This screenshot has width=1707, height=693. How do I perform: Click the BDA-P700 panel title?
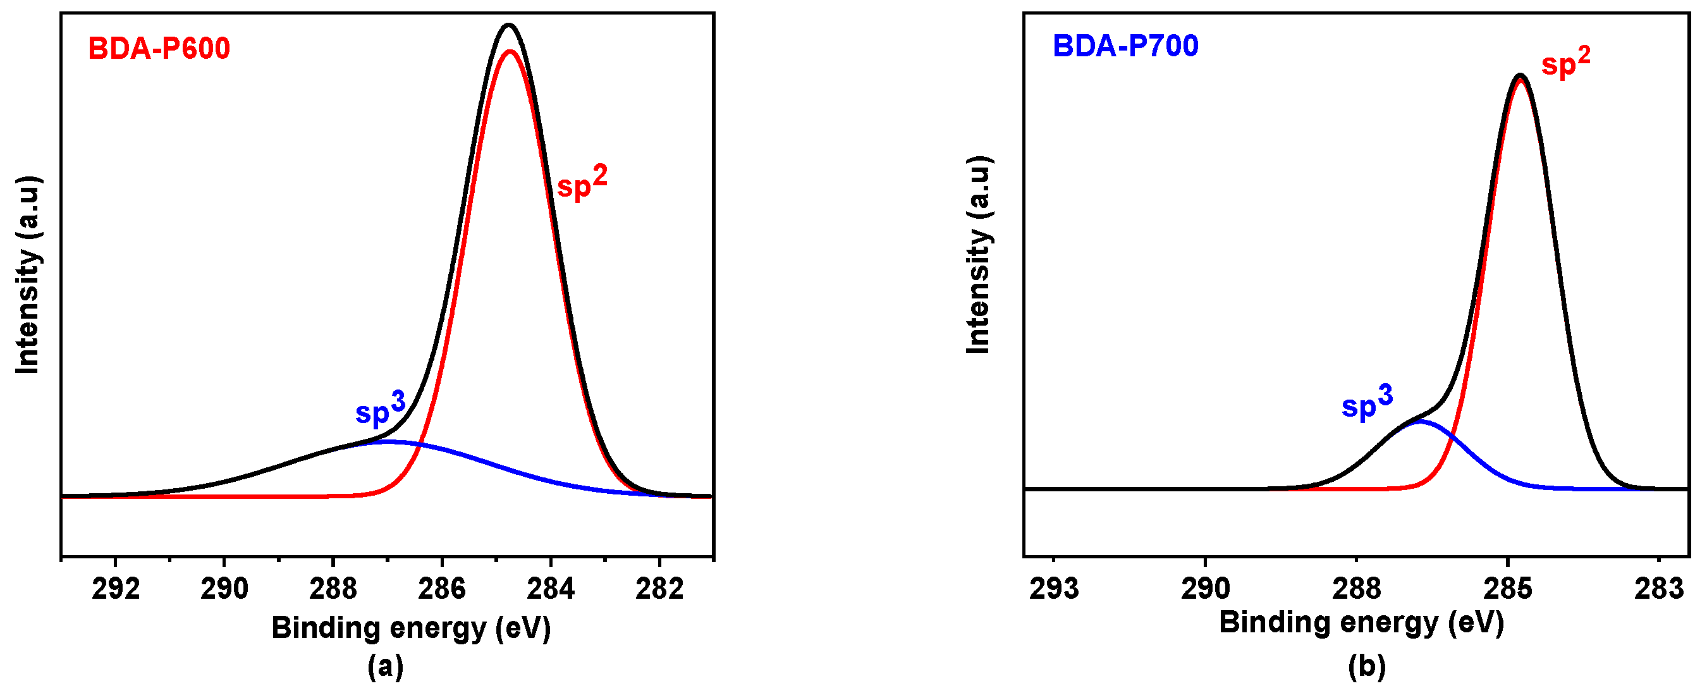pyautogui.click(x=1125, y=46)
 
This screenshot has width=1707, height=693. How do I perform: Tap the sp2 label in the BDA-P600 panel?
pyautogui.click(x=581, y=183)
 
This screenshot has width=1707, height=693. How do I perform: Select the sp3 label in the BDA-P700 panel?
pyautogui.click(x=1366, y=403)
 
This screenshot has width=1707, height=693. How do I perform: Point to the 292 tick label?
pyautogui.click(x=116, y=588)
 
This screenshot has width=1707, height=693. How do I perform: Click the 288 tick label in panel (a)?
pyautogui.click(x=333, y=588)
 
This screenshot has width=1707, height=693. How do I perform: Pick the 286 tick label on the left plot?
pyautogui.click(x=442, y=588)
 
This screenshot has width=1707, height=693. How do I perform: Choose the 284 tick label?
pyautogui.click(x=551, y=588)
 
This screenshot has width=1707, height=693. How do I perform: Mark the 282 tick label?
pyautogui.click(x=659, y=588)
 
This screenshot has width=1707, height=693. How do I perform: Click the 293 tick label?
pyautogui.click(x=1054, y=588)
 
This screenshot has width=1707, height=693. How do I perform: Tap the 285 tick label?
pyautogui.click(x=1508, y=588)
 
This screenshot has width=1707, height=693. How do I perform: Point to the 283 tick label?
pyautogui.click(x=1658, y=588)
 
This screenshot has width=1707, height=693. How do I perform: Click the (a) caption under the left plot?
pyautogui.click(x=385, y=666)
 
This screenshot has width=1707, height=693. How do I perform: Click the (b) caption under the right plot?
pyautogui.click(x=1366, y=666)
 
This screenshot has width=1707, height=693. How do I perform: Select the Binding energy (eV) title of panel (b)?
pyautogui.click(x=1361, y=623)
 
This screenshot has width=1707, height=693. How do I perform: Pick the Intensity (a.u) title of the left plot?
pyautogui.click(x=28, y=275)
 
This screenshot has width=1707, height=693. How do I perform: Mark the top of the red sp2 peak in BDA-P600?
pyautogui.click(x=510, y=51)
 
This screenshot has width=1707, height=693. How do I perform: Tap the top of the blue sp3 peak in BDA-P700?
pyautogui.click(x=1419, y=420)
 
